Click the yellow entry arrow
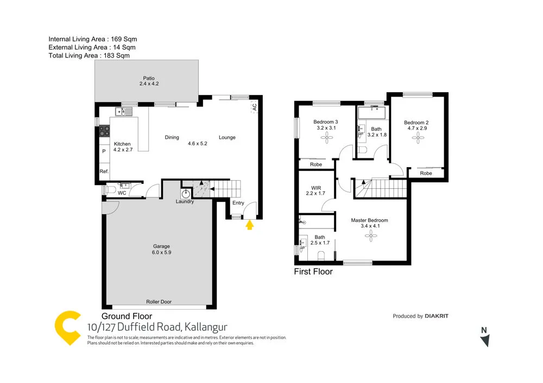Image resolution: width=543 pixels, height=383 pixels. point(250,225)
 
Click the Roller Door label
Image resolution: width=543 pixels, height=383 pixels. point(159,302)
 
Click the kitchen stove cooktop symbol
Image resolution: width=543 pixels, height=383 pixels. point(104,131)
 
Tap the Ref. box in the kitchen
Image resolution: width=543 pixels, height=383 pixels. point(104,171)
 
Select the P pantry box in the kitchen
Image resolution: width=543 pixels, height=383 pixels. point(104,151)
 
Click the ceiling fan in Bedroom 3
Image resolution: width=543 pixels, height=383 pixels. point(327,138)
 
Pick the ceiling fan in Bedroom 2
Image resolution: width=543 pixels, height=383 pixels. point(418,138)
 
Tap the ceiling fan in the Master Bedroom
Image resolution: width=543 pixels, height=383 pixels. point(370,235)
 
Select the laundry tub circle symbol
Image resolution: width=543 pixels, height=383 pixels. point(186,192)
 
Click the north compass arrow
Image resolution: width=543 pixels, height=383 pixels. point(485,340)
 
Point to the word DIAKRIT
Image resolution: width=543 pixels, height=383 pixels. point(437,316)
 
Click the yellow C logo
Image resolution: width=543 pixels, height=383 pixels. point(69,328)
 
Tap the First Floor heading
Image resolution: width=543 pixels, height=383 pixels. point(313,272)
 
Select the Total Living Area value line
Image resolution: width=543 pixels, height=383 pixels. point(89,55)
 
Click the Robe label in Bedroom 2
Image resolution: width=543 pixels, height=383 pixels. point(426,174)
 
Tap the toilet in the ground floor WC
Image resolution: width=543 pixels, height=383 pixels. point(110,190)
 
